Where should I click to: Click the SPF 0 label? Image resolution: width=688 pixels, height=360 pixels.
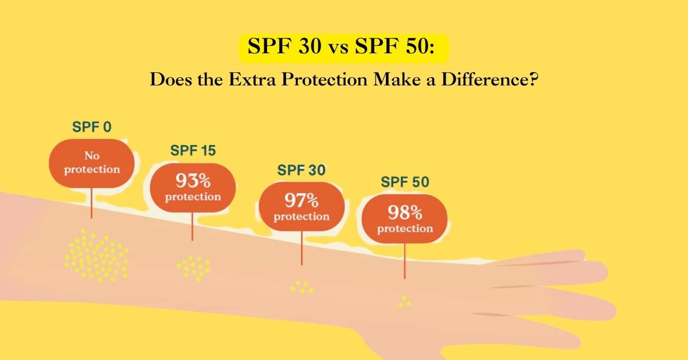(92, 127)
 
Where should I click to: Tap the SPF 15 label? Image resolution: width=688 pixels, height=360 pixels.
(193, 151)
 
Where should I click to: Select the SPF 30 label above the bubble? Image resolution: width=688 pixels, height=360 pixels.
(302, 170)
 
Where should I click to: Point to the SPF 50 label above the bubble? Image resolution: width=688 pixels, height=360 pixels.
(405, 183)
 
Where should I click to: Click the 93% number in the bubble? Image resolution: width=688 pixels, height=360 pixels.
(193, 182)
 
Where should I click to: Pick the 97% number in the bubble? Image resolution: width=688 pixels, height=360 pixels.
(302, 201)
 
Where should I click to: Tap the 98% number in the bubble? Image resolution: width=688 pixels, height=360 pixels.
(405, 214)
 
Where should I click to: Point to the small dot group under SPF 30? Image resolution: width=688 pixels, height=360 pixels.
(302, 287)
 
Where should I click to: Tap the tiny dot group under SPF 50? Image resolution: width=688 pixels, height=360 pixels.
(405, 302)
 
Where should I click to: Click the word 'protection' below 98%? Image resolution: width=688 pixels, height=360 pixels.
(405, 229)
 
